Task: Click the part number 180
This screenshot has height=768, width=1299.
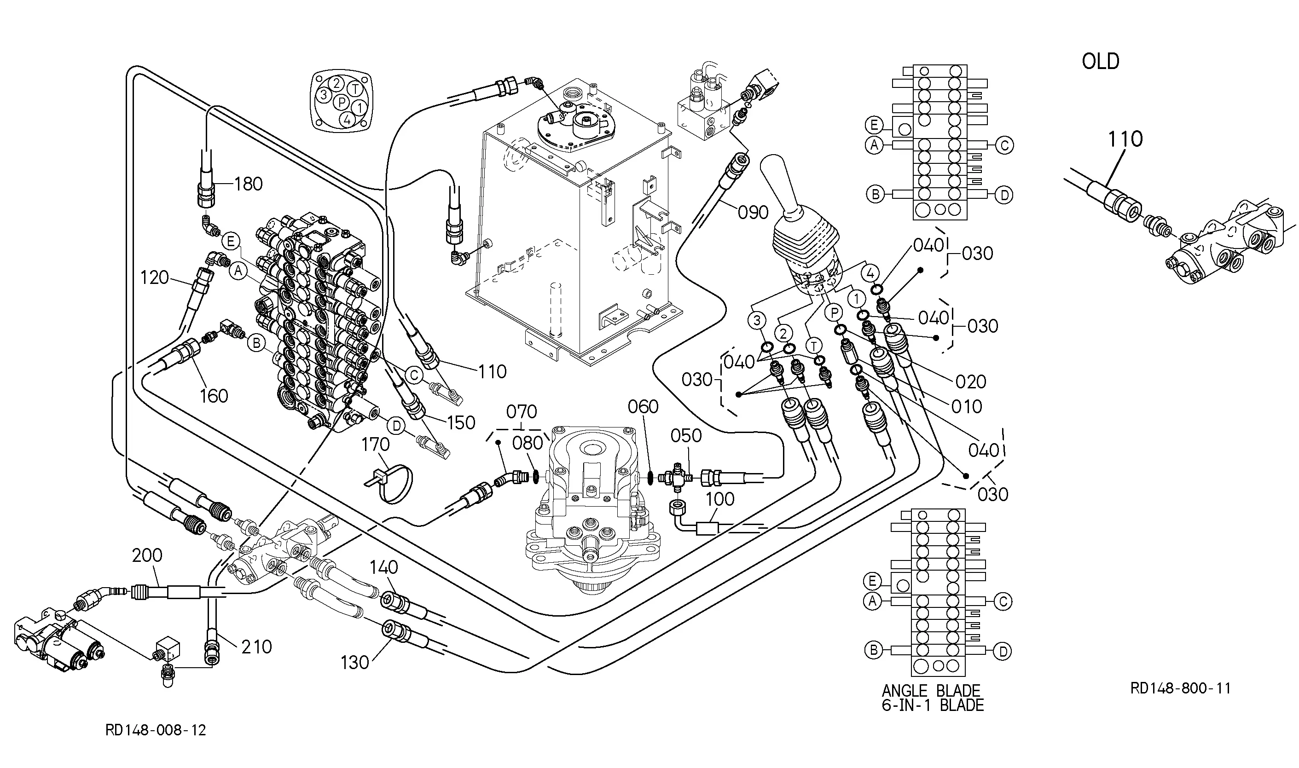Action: tap(249, 184)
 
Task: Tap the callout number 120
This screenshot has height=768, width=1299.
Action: tap(155, 278)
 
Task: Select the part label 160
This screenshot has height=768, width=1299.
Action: tap(214, 396)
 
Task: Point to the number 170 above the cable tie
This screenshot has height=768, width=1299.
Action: tap(375, 444)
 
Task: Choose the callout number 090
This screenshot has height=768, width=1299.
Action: tap(753, 212)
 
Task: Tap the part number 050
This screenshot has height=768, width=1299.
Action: tap(686, 436)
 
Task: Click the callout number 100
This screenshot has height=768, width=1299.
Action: tap(720, 499)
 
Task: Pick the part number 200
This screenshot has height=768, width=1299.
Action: tap(147, 555)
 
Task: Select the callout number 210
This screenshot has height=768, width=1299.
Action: tap(257, 647)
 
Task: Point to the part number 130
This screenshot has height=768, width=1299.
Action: tap(354, 663)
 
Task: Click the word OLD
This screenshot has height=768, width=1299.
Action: tap(1100, 62)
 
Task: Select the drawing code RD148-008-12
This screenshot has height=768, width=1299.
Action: tap(156, 730)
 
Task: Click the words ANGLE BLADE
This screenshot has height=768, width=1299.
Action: tap(931, 691)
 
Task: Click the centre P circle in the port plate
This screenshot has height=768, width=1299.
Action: tap(341, 103)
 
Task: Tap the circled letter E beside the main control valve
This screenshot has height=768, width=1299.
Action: tap(231, 241)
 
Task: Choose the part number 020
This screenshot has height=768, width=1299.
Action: tap(971, 382)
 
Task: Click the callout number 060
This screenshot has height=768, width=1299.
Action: tap(644, 407)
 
